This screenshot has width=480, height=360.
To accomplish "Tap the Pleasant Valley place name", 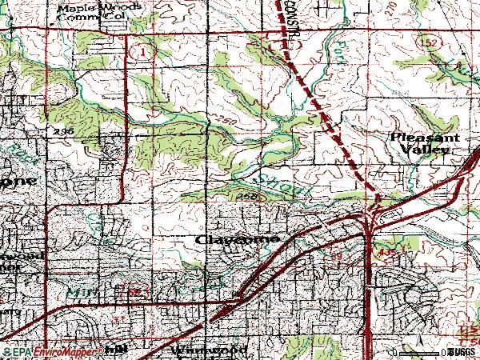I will (425, 144).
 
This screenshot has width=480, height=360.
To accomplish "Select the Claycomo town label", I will (237, 239).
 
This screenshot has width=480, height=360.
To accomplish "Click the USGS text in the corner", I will (462, 351).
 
